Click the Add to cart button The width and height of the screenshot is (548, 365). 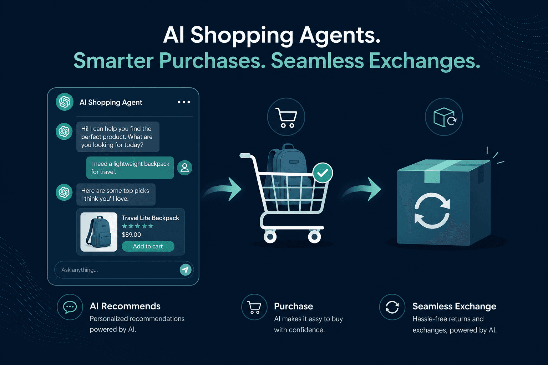148,246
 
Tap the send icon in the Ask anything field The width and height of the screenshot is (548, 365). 186,270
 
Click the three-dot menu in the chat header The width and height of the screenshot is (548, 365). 184,102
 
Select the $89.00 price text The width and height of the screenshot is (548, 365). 131,235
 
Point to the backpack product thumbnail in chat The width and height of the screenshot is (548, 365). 99,232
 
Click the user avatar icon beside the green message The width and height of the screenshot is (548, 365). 185,168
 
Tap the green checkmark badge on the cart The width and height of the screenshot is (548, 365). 323,173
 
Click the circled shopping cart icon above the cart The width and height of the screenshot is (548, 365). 286,117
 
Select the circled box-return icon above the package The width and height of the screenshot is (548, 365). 444,117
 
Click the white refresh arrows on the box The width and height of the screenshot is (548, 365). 432,211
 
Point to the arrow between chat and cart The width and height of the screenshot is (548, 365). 223,190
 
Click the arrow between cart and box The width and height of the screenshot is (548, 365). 362,190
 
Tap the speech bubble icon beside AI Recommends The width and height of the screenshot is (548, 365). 70,307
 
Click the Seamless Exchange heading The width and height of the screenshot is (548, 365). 454,306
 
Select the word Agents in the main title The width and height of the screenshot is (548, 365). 340,35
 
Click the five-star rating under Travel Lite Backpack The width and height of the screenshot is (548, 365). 138,226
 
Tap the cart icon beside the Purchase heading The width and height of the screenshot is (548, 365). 254,307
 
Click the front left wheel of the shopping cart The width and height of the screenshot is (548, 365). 270,237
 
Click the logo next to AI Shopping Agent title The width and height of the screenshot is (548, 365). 65,102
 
